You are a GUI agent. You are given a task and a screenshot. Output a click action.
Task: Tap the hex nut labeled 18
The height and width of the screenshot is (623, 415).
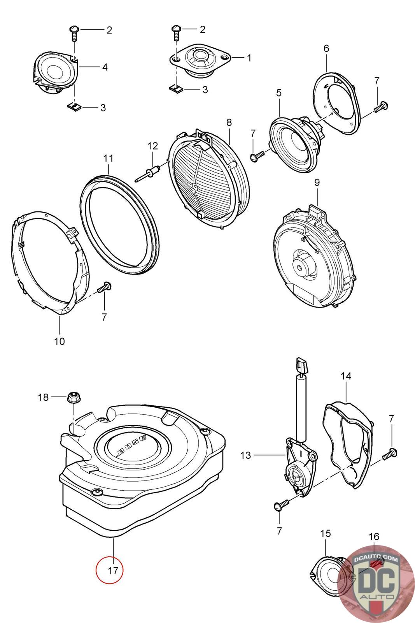(73, 397)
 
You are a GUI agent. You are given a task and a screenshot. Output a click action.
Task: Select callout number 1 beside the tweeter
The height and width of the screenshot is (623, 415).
(249, 58)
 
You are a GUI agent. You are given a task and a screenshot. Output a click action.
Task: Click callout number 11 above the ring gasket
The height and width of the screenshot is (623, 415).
(108, 158)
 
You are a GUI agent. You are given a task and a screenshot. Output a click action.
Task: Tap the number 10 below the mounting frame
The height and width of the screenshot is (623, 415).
(59, 341)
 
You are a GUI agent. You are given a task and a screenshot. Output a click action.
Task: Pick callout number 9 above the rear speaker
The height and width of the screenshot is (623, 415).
(317, 182)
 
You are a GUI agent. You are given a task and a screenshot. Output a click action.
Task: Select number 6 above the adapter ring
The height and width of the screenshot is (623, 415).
(326, 48)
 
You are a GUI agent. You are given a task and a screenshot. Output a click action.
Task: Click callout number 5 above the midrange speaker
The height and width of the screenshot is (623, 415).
(278, 93)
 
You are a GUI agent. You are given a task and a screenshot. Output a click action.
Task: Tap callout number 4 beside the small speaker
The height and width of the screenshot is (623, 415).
(105, 67)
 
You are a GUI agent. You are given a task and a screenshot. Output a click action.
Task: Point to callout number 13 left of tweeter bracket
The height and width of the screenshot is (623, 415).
(245, 455)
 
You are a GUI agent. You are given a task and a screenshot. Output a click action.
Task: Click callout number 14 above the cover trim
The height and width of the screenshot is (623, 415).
(346, 376)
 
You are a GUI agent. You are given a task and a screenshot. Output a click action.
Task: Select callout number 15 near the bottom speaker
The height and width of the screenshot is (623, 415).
(325, 533)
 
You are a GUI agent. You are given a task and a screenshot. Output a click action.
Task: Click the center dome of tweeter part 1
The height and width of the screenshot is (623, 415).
(201, 56)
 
